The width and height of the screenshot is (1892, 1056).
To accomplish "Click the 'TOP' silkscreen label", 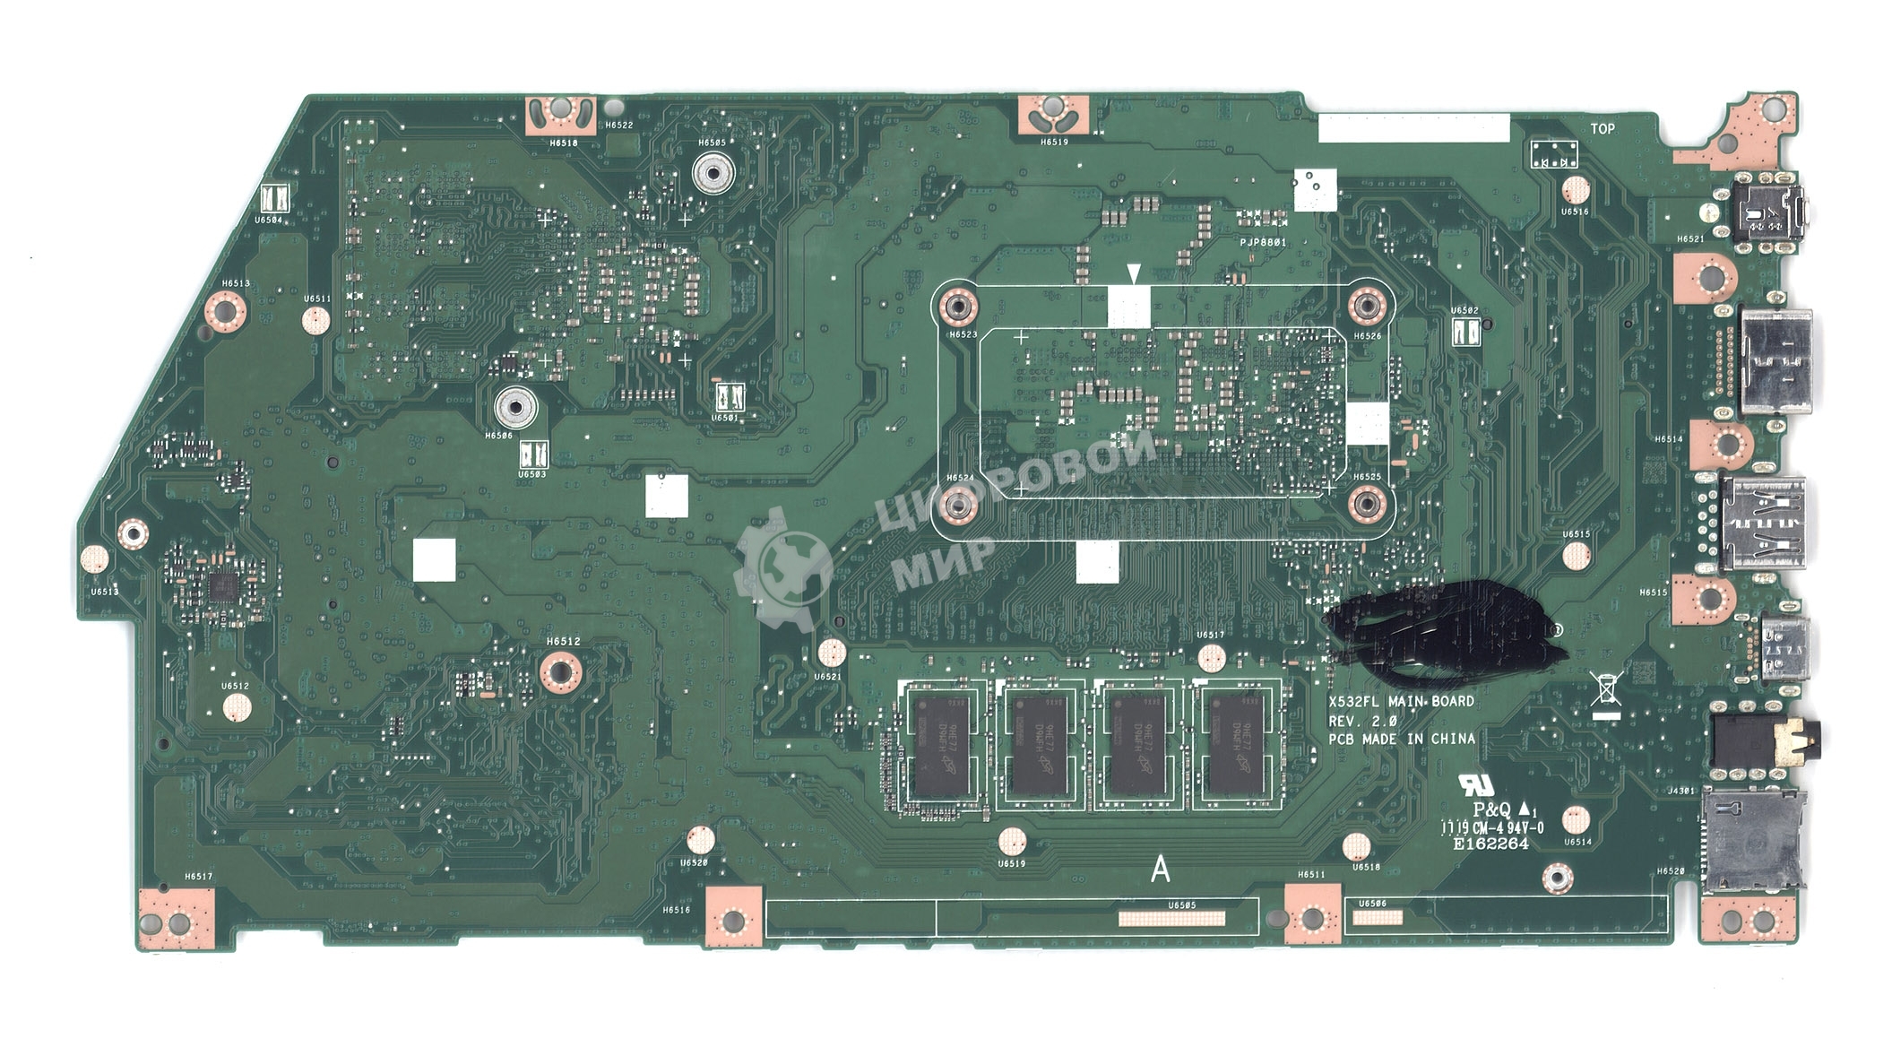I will (x=1602, y=129).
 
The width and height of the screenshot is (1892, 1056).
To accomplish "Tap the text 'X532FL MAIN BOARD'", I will (x=1401, y=701).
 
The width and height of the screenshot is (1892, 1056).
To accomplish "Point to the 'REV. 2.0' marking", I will (x=1362, y=721).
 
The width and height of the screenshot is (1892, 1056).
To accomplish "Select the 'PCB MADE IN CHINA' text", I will (x=1401, y=740).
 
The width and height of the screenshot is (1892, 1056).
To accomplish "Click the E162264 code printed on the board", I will (x=1490, y=844).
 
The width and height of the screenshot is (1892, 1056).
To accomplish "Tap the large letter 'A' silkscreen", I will (x=1160, y=869).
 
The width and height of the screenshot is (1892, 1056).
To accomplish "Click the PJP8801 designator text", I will (x=1263, y=243).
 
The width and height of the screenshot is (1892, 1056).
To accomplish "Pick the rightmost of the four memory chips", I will (x=1235, y=744).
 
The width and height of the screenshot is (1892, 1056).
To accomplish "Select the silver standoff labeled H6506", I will (x=514, y=408).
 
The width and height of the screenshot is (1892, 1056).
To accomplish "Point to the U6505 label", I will (x=1181, y=905).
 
